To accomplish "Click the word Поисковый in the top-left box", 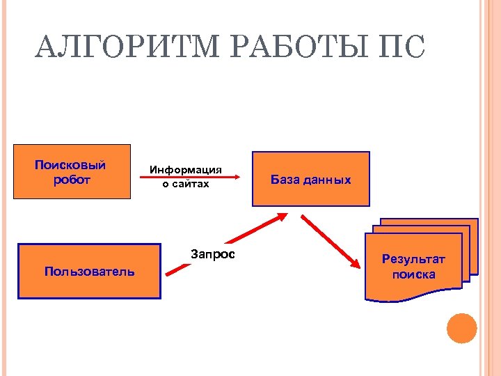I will click(x=70, y=165).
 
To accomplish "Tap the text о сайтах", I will click(x=186, y=184).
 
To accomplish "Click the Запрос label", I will click(x=213, y=254).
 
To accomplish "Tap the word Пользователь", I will click(x=90, y=271).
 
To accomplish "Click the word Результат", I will click(x=413, y=260).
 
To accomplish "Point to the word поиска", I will click(x=413, y=274).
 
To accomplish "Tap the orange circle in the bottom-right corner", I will click(x=462, y=328).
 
